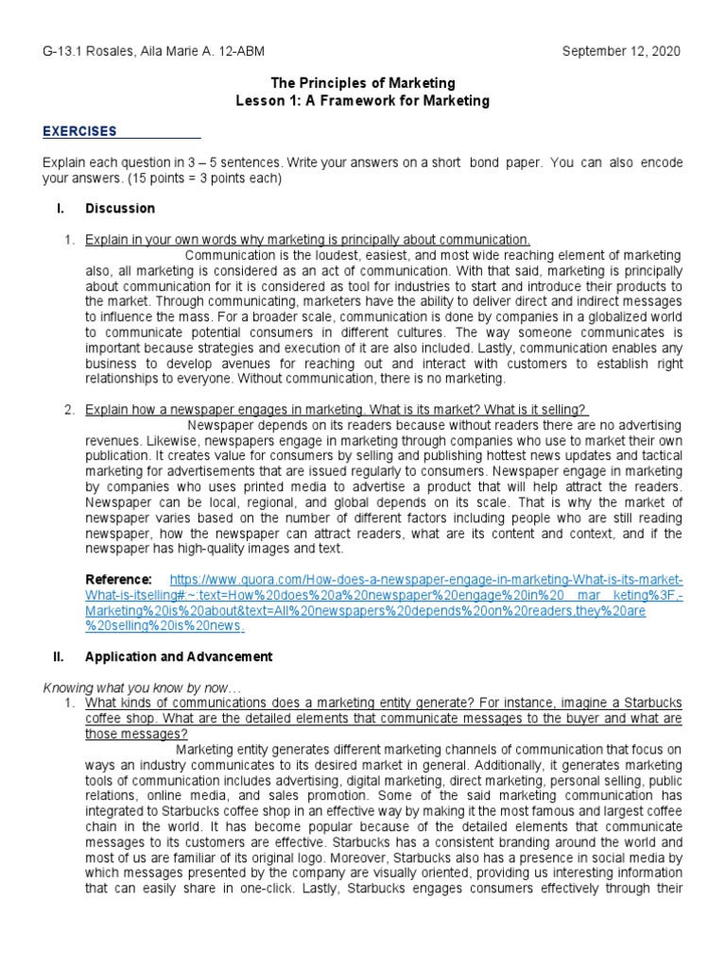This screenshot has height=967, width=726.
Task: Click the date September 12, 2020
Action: coord(621,50)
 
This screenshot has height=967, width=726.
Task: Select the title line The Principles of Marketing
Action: coord(362,84)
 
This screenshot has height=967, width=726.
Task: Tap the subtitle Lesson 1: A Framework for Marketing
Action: coord(362,101)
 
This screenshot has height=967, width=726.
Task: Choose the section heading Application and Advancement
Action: coord(179,656)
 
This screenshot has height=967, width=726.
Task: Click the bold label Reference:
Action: coord(118,579)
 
